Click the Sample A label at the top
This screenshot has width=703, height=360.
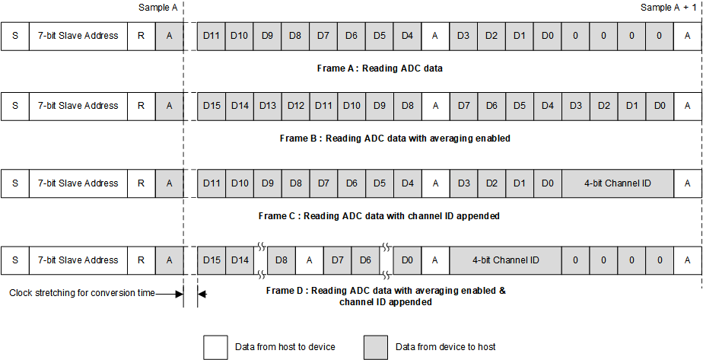click(158, 7)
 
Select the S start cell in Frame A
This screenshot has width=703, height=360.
click(15, 36)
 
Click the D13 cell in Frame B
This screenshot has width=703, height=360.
click(268, 106)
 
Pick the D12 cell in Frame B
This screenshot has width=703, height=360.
click(296, 106)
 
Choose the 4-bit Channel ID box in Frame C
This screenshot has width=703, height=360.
click(618, 183)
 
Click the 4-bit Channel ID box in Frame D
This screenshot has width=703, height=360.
click(505, 260)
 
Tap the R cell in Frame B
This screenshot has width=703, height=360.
click(141, 106)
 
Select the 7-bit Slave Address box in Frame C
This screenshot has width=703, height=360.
click(78, 183)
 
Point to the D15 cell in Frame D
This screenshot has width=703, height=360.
click(212, 260)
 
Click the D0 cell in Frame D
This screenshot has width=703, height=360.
click(407, 260)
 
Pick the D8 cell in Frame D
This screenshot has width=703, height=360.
click(282, 260)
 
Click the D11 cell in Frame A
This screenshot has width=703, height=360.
click(212, 36)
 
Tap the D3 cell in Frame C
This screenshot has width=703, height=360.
click(463, 183)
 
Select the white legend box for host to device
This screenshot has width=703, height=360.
click(215, 347)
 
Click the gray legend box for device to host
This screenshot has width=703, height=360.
click(376, 347)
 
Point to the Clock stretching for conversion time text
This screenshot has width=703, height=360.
click(82, 293)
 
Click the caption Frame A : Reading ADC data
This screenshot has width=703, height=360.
click(380, 68)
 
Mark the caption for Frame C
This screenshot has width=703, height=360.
click(379, 216)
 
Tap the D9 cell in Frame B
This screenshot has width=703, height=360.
click(380, 106)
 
